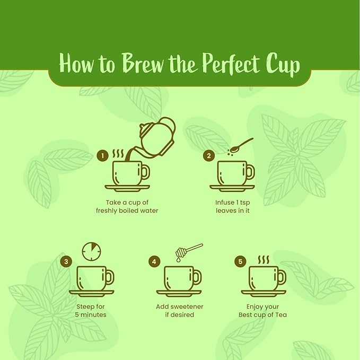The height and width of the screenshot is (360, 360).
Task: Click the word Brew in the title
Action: coord(142,63)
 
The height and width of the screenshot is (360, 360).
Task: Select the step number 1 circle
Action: coord(103,156)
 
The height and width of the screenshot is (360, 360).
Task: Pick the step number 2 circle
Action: coord(209,156)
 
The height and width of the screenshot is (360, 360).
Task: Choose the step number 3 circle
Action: coord(66,261)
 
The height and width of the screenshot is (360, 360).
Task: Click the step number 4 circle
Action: coord(154,261)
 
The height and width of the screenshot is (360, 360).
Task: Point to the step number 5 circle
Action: coord(240,261)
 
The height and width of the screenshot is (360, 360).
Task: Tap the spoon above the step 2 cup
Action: coord(241,145)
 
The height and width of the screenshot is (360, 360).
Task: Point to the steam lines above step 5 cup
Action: coord(264,260)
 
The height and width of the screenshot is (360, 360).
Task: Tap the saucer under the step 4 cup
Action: coord(179,293)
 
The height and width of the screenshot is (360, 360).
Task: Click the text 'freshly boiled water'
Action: coord(127,210)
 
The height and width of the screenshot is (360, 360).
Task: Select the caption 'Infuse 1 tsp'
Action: coord(233,203)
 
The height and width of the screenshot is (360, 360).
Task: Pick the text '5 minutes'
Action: coord(91,314)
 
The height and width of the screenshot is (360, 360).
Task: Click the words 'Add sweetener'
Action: coord(180,306)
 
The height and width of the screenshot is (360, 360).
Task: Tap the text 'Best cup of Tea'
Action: coord(262,314)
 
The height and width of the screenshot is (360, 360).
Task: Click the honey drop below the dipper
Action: coord(178,259)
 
